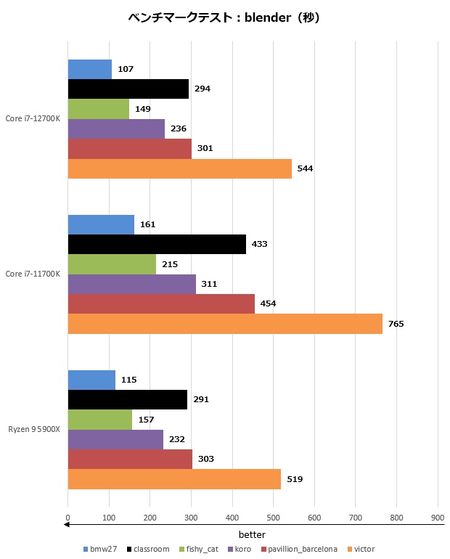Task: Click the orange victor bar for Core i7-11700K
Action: [225, 324]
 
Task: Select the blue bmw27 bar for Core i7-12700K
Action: [90, 69]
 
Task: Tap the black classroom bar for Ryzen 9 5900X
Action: [128, 399]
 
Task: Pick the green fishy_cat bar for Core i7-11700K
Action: [112, 264]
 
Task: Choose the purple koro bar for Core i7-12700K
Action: [116, 128]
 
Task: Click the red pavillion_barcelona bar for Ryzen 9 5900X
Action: [130, 459]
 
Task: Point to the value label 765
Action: [396, 324]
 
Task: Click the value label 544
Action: [305, 168]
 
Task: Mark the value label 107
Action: [125, 69]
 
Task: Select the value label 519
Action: [295, 479]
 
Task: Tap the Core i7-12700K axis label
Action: [33, 118]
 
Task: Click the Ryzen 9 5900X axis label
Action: [34, 429]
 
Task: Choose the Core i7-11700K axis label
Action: [33, 274]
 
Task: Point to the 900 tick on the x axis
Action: [437, 518]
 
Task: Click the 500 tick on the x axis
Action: [273, 518]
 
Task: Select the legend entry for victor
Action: [361, 549]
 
